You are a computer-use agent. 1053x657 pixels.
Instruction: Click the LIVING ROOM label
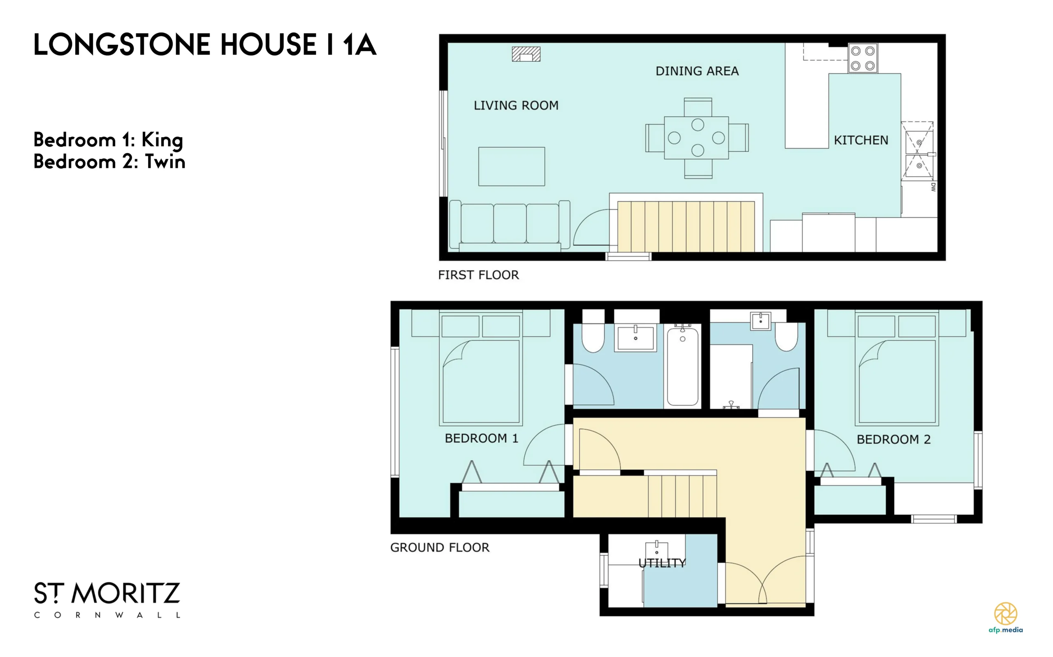(x=516, y=106)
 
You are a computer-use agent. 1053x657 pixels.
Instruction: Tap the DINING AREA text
(x=697, y=71)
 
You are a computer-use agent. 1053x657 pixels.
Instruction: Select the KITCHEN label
(x=861, y=141)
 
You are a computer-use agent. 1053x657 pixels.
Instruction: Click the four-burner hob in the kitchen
(x=863, y=58)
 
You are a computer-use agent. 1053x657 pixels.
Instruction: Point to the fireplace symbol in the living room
(x=526, y=54)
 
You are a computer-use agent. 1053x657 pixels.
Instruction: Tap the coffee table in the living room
(x=512, y=166)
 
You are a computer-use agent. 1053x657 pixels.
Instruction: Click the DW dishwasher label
(x=933, y=187)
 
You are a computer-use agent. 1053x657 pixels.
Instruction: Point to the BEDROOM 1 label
(x=482, y=438)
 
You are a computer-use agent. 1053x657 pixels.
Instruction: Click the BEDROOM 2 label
(x=893, y=439)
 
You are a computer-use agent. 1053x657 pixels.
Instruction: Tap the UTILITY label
(x=662, y=563)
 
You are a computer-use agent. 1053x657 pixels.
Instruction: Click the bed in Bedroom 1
(x=480, y=368)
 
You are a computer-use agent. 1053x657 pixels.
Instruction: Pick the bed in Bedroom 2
(x=897, y=368)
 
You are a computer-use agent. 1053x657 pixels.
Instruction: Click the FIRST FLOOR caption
(x=478, y=275)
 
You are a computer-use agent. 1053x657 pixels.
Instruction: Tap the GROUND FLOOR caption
(x=440, y=547)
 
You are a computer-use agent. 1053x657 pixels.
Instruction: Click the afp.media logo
(x=1006, y=618)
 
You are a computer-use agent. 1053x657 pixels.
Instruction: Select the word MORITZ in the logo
(x=126, y=593)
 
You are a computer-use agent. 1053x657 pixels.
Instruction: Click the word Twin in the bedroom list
(x=165, y=161)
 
